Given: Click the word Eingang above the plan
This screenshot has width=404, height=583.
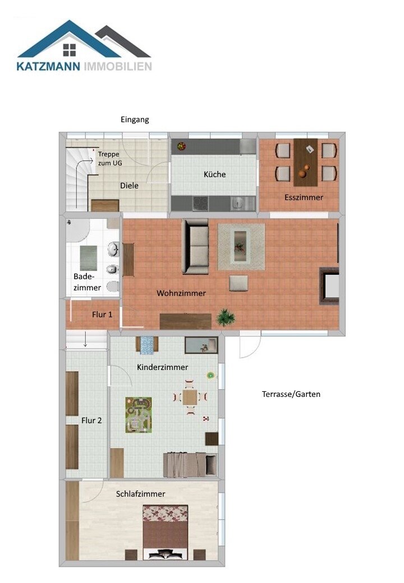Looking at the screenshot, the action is (x=135, y=120).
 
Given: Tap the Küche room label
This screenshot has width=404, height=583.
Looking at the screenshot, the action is (x=215, y=174).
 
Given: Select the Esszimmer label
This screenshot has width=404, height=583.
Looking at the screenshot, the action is (x=304, y=197).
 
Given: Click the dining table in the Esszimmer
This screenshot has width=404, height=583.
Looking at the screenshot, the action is (x=306, y=162).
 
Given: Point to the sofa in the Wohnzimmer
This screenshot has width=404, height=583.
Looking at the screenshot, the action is (x=195, y=246).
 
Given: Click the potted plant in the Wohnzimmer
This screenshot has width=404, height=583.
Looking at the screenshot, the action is (x=226, y=317).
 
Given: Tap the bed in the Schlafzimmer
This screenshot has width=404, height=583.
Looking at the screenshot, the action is (x=165, y=532).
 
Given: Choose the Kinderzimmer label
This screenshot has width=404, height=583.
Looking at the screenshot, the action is (x=163, y=367).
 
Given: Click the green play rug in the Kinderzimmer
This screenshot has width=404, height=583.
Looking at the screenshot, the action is (x=139, y=415).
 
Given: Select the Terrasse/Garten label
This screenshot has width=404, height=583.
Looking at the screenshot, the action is (x=291, y=394).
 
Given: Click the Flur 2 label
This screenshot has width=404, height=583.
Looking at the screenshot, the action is (x=91, y=420).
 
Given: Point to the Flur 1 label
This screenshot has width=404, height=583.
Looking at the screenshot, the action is (x=102, y=314).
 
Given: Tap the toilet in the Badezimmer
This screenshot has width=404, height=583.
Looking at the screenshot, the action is (x=112, y=286).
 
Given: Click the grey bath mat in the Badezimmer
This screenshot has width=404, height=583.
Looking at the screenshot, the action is (x=89, y=258).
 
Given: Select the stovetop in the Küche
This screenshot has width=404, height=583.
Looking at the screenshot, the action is (x=200, y=203).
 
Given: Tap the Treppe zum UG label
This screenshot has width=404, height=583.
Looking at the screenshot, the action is (x=109, y=159).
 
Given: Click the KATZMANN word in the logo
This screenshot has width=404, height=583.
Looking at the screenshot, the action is (x=48, y=67).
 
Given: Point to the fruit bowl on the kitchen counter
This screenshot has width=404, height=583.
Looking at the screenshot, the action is (x=182, y=146).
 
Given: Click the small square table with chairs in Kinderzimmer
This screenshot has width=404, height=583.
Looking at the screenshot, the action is (x=190, y=397).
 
